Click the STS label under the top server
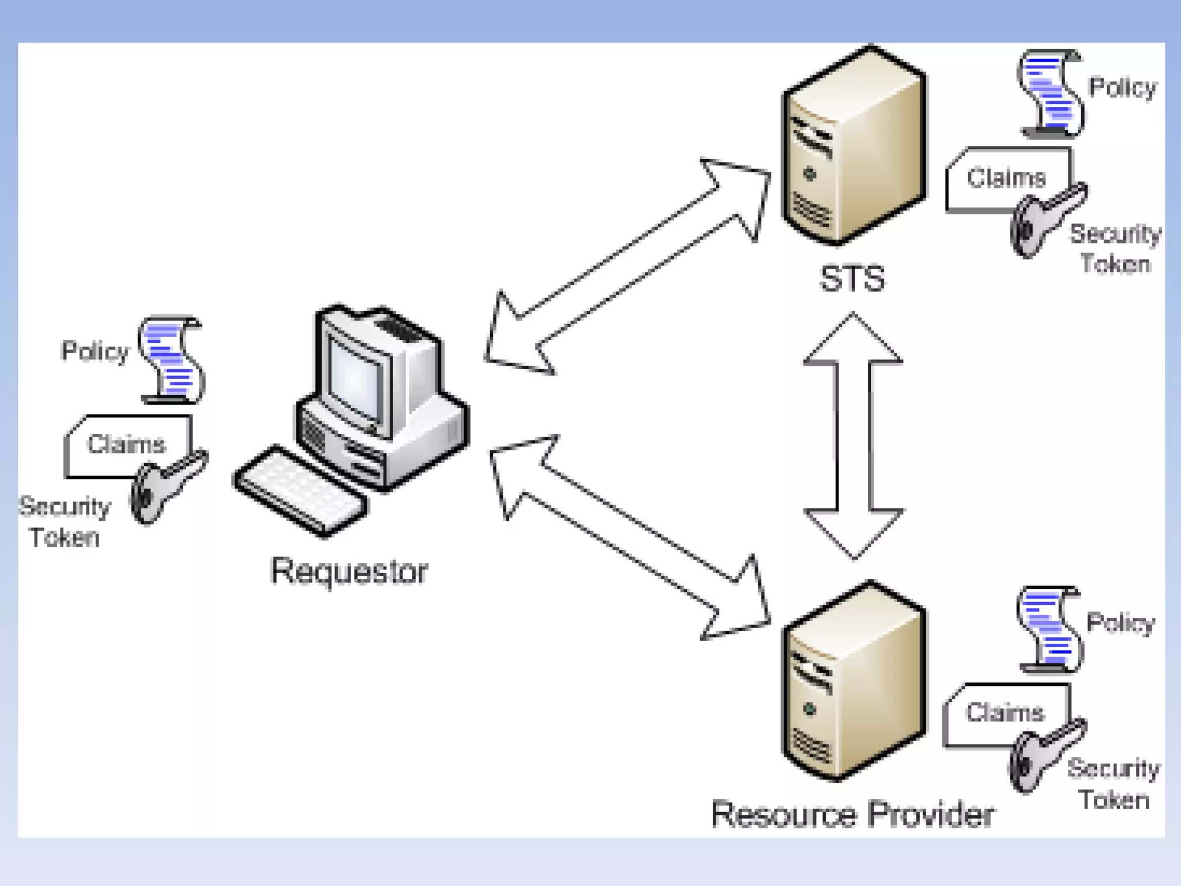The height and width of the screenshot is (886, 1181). [852, 279]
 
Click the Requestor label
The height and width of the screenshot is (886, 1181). [349, 571]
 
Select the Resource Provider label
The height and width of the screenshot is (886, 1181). [852, 814]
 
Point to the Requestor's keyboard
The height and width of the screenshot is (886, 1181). [300, 491]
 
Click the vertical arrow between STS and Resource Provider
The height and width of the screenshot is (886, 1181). [853, 436]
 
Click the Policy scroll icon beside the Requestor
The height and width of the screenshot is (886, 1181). [172, 359]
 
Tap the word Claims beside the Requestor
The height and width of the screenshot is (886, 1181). [126, 444]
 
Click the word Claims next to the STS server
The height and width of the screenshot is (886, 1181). [1006, 178]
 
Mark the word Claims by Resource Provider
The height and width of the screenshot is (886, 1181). [1005, 713]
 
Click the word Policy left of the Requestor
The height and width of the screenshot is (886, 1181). [95, 351]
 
